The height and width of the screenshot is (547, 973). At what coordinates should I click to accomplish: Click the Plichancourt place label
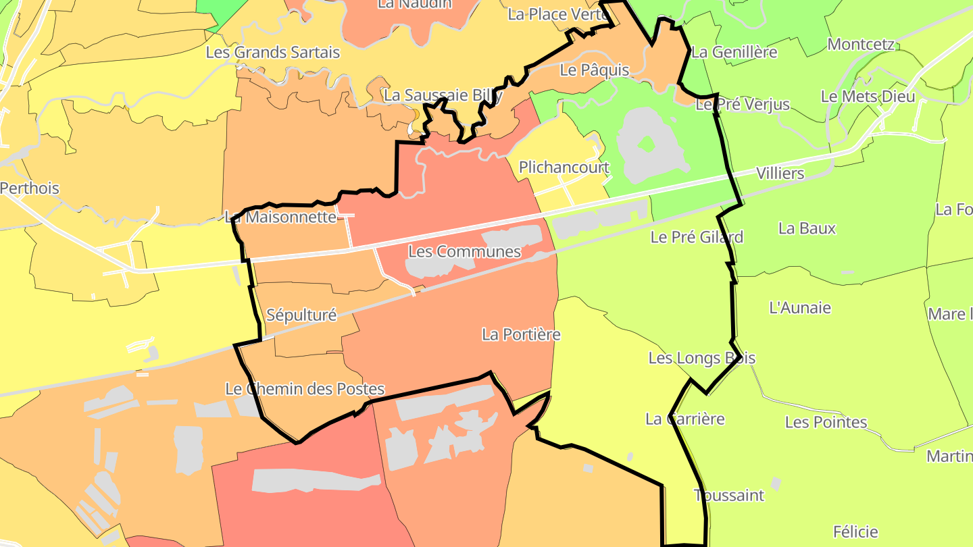(564, 167)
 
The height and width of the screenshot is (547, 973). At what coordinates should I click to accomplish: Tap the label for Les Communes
(464, 252)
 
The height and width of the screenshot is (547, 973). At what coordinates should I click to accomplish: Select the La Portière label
(521, 334)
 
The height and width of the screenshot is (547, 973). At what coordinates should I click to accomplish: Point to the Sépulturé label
(301, 315)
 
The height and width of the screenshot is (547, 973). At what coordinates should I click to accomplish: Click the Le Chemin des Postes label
(305, 389)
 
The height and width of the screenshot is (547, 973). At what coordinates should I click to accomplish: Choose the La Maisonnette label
(280, 217)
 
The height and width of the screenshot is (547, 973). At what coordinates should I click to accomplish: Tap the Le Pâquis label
(595, 70)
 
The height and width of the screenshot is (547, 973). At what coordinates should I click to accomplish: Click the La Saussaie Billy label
(443, 96)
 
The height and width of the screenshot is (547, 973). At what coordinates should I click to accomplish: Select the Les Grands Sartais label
(272, 52)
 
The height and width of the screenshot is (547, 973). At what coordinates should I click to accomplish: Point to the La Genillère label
(734, 52)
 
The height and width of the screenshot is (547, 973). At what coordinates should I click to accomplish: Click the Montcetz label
(861, 45)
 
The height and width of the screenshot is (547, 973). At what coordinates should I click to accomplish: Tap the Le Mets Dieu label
(868, 97)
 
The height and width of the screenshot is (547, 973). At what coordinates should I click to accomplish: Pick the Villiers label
(780, 174)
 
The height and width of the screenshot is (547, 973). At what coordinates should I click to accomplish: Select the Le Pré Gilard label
(697, 237)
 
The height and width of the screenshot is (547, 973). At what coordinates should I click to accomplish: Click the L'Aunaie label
(800, 308)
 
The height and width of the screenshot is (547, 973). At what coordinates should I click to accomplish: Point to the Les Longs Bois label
(701, 358)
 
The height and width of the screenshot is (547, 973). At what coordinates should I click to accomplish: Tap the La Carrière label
(685, 419)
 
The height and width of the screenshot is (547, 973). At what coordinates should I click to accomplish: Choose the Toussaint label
(729, 496)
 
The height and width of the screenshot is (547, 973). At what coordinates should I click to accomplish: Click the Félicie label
(855, 531)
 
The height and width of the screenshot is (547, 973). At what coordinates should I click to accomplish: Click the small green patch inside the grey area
(647, 144)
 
